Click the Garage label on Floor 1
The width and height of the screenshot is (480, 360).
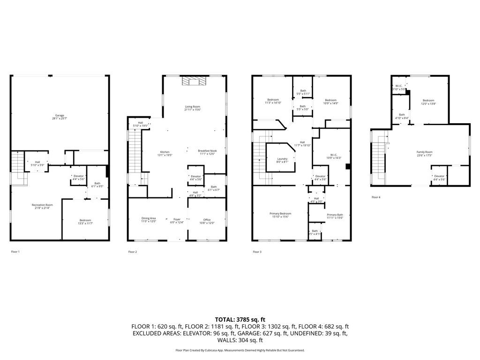point(60,115)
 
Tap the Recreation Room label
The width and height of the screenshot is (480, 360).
point(42,205)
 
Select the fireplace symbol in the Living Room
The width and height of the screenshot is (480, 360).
point(194,82)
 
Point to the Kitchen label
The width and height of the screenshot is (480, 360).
point(165,152)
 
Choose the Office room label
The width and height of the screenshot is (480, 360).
point(207,219)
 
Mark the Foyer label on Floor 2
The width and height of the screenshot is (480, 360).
point(177,219)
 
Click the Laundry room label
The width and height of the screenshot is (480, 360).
point(282,159)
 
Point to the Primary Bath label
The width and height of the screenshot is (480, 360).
point(335,215)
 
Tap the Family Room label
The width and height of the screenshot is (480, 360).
point(425,152)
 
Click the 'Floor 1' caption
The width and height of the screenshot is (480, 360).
point(15,252)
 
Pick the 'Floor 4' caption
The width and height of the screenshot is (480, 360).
point(376,197)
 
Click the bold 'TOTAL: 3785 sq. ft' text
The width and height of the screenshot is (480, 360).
point(240,319)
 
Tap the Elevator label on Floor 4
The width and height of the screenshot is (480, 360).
point(439,176)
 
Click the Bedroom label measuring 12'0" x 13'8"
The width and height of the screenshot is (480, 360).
point(428,100)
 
